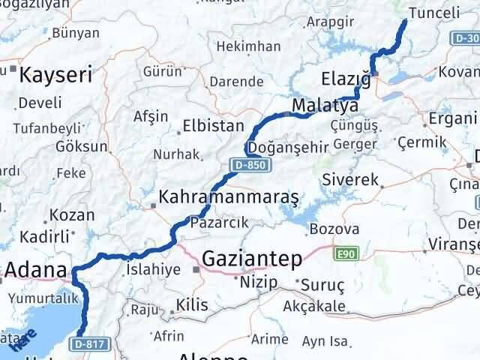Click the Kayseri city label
tap(55, 74)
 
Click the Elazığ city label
tap(346, 78)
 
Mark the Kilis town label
tap(187, 305)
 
